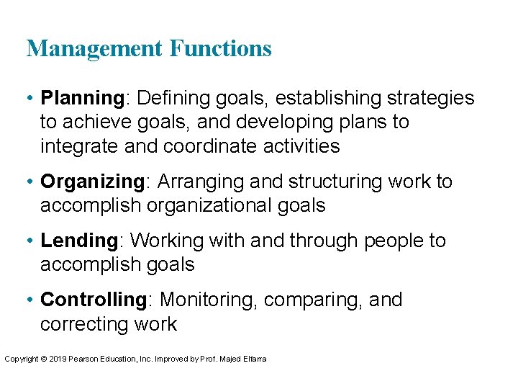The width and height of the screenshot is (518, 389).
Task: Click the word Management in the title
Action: (x=95, y=49)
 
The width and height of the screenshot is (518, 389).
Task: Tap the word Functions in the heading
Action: (x=220, y=49)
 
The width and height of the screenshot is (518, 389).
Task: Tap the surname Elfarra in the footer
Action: (x=253, y=359)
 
